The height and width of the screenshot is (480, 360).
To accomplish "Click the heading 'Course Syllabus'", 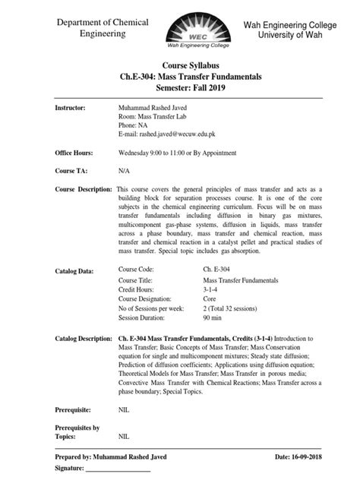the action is tap(180, 68).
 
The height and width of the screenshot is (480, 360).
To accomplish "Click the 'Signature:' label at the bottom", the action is tap(74, 471).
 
